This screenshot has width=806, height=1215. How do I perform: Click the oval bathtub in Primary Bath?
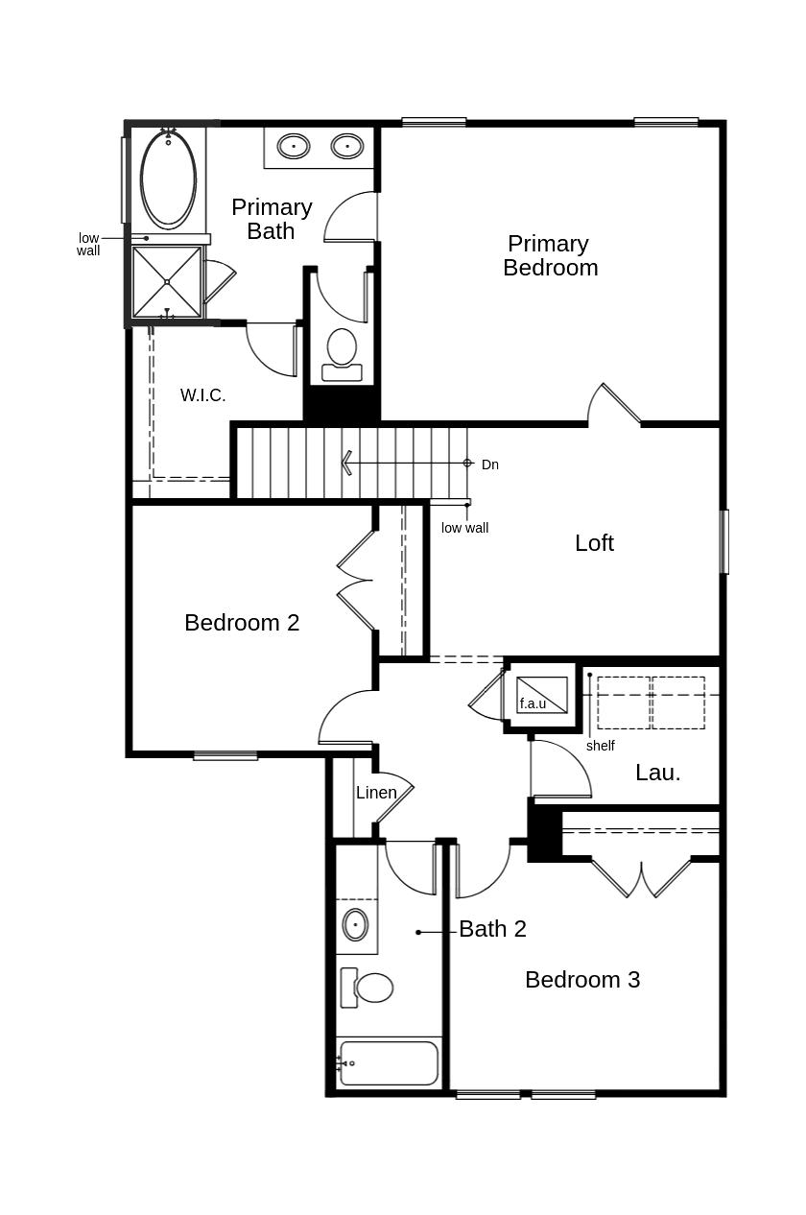(x=168, y=179)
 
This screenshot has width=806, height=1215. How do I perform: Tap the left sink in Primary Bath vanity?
(x=293, y=147)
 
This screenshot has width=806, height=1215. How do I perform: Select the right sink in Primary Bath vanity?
(x=346, y=147)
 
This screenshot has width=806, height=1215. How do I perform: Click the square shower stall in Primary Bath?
(x=167, y=282)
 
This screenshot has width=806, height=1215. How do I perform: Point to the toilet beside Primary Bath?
(x=342, y=352)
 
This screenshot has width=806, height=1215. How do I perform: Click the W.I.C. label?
(x=202, y=395)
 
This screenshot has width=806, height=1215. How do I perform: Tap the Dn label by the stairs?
(x=489, y=465)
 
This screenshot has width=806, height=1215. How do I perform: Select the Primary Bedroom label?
(x=550, y=256)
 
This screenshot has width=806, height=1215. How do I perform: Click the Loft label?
(x=594, y=543)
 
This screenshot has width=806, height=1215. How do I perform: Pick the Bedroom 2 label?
(x=242, y=623)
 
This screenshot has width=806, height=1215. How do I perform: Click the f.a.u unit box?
(x=541, y=696)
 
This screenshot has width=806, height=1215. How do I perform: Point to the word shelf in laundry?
(x=600, y=746)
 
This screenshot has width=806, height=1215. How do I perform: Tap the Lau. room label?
(x=657, y=773)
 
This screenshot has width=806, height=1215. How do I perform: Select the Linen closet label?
(x=376, y=793)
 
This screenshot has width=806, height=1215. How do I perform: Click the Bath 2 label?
(x=492, y=929)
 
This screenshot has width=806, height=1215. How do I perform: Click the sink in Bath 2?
(x=355, y=925)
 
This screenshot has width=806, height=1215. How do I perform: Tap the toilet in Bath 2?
(x=368, y=988)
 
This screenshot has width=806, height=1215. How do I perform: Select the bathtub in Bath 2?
(x=389, y=1063)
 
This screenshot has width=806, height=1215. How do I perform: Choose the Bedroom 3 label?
(x=581, y=980)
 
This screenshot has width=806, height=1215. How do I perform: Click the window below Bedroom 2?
(x=225, y=756)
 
